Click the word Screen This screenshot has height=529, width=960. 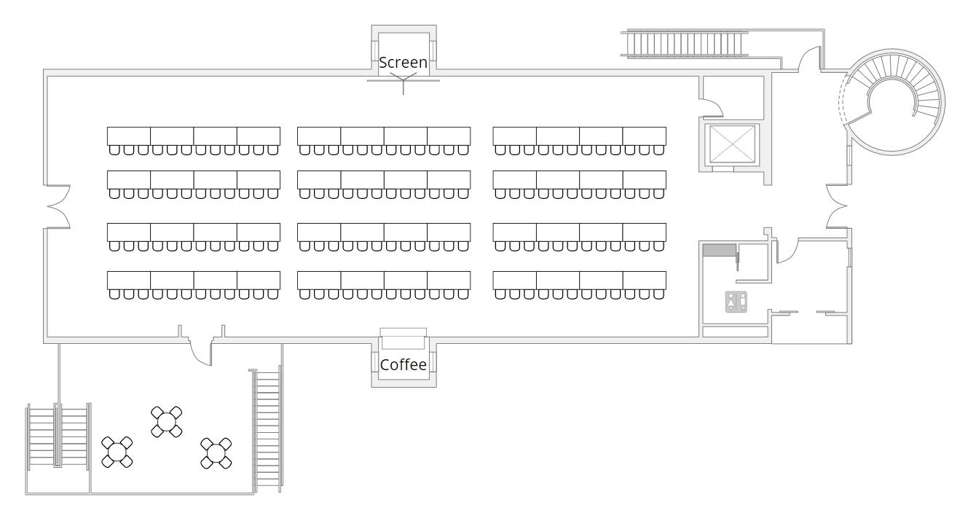point(403,63)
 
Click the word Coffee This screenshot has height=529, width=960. point(403,365)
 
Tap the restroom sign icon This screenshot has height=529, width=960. point(736,302)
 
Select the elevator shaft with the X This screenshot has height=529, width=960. point(733,144)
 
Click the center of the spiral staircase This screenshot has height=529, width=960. point(892,102)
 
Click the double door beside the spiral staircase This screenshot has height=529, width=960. point(837,206)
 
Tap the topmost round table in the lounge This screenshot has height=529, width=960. point(167,422)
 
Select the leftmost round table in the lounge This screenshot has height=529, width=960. point(117,452)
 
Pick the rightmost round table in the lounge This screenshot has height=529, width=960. point(216,453)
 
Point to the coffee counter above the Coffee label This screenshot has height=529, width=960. point(404,339)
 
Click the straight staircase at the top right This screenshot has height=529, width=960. point(685,43)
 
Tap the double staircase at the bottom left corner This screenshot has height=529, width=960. point(58,436)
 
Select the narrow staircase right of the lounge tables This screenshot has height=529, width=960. point(267,431)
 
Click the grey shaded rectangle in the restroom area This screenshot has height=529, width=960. point(720,251)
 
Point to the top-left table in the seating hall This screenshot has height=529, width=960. point(129,136)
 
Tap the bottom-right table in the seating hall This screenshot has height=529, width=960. point(645,281)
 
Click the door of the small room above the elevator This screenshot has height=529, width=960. point(712,108)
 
